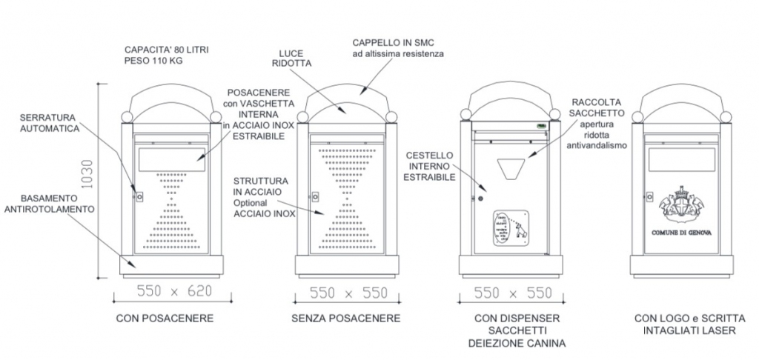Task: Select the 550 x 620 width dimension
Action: [175, 292]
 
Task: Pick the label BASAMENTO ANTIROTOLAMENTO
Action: [50, 204]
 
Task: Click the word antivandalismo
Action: [598, 146]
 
